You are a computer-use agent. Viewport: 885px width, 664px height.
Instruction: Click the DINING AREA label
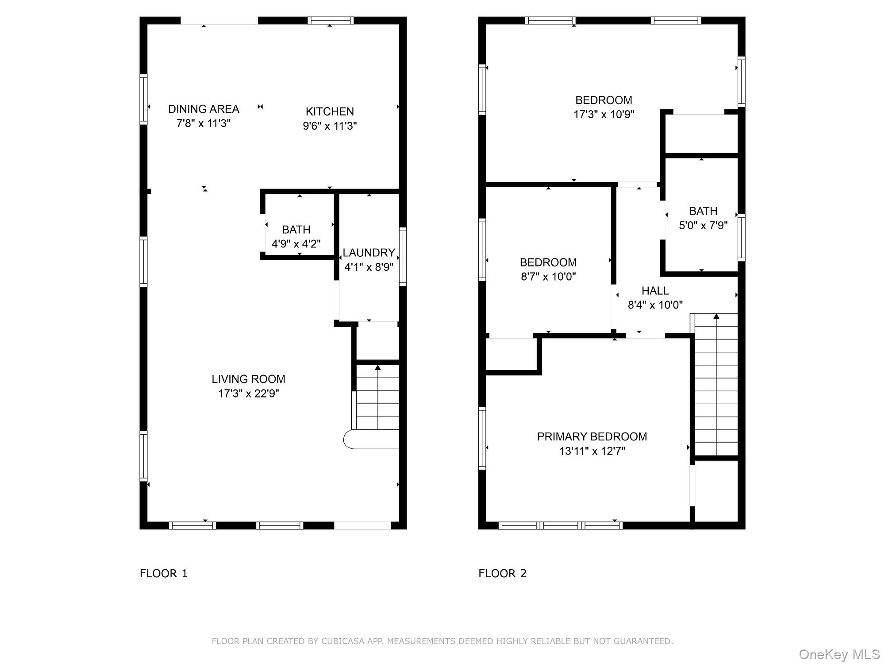click(x=204, y=109)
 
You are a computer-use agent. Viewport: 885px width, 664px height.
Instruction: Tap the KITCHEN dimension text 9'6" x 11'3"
click(x=330, y=126)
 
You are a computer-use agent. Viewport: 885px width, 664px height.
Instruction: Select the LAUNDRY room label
click(x=369, y=253)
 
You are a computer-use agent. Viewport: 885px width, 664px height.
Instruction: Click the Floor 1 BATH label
click(x=296, y=230)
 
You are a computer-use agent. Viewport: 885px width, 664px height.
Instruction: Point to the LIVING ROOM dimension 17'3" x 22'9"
click(x=248, y=394)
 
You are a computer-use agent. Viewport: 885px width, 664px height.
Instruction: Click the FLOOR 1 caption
click(x=164, y=574)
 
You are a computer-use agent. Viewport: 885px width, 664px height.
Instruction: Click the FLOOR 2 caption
click(x=502, y=574)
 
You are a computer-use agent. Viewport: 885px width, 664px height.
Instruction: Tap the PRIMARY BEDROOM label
click(x=592, y=437)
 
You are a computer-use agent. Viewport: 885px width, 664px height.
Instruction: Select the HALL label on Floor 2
click(x=655, y=291)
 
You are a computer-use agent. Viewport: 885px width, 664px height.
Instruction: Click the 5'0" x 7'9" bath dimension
click(x=703, y=226)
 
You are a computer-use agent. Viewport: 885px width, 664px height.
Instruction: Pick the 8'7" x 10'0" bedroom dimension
click(x=548, y=277)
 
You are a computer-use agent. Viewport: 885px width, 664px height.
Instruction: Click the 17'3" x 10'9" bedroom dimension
click(x=604, y=115)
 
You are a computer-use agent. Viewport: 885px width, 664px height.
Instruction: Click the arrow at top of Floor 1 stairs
click(x=377, y=367)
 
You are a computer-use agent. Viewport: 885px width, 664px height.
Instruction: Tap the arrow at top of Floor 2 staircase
click(x=716, y=316)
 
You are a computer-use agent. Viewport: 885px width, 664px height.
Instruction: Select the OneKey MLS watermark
click(x=839, y=654)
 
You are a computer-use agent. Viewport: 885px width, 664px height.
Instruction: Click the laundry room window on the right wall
click(x=403, y=256)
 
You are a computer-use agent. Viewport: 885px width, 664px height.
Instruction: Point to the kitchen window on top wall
click(x=331, y=20)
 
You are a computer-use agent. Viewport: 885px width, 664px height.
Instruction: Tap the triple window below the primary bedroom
click(x=560, y=525)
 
